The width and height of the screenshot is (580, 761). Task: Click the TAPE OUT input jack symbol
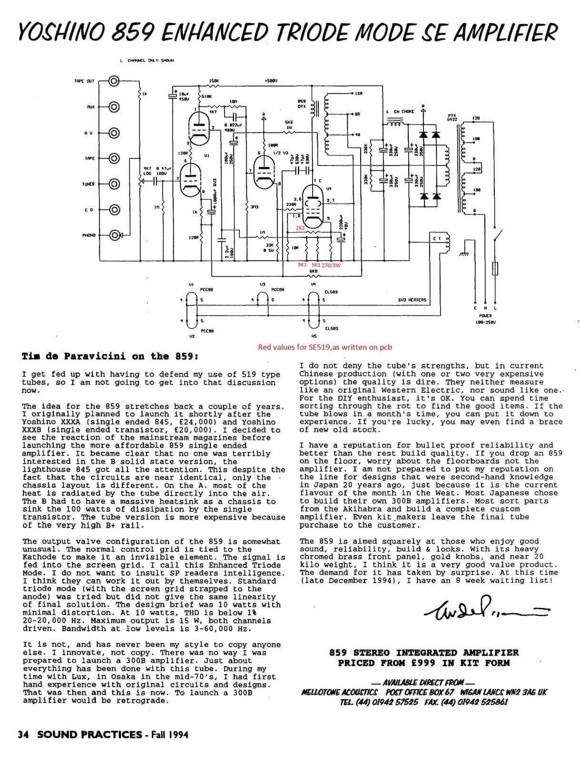[x=114, y=81]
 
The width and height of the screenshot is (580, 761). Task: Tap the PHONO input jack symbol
[x=114, y=235]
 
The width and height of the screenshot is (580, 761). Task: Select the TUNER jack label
[x=89, y=184]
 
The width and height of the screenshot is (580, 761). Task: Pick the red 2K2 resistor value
[x=300, y=228]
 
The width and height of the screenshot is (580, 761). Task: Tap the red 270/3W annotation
[x=332, y=265]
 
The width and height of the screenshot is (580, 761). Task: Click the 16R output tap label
[x=359, y=94]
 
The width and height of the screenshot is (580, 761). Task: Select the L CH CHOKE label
[x=402, y=112]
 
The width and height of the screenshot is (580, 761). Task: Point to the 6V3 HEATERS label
[x=412, y=300]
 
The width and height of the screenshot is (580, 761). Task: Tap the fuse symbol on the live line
[x=496, y=268]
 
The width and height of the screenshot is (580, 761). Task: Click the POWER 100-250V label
[x=486, y=319]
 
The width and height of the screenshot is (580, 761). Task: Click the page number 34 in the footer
[x=23, y=735]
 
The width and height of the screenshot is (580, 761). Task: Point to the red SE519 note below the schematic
[x=325, y=347]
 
